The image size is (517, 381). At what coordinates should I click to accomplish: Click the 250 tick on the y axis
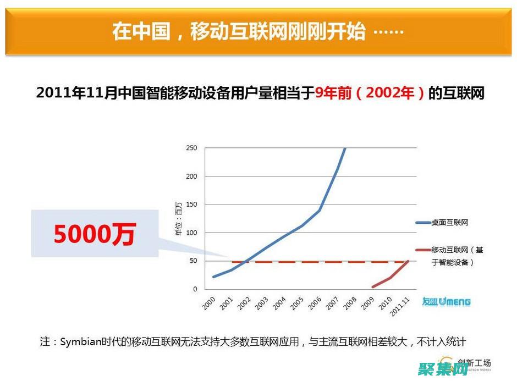click(x=191, y=148)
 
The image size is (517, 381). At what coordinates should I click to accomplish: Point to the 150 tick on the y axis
click(x=191, y=205)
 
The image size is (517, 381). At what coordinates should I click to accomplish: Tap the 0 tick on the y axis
click(x=195, y=289)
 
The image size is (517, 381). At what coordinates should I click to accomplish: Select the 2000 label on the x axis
click(x=208, y=303)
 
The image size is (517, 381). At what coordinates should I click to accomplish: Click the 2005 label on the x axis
click(x=297, y=303)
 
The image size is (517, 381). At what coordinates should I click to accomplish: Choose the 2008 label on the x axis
click(x=350, y=303)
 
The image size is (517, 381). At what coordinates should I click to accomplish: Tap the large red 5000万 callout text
click(x=94, y=235)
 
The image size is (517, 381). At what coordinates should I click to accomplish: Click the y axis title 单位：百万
click(x=178, y=218)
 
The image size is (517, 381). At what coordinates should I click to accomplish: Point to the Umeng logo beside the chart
click(x=446, y=301)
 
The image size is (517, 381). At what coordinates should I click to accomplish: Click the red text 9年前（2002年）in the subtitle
click(x=370, y=93)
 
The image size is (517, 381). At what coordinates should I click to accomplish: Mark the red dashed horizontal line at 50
click(x=308, y=262)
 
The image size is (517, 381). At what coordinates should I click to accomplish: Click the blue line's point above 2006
click(x=320, y=210)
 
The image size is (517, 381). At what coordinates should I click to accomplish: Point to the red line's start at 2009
click(x=373, y=286)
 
